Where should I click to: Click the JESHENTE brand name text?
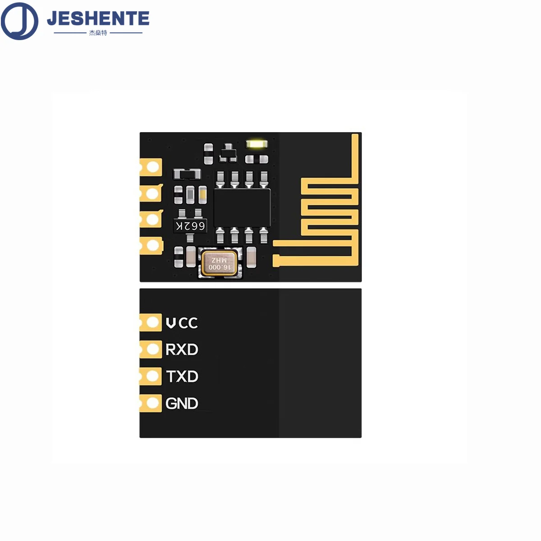pyautogui.click(x=98, y=18)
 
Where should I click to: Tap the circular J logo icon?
pyautogui.click(x=19, y=21)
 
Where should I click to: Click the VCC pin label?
pyautogui.click(x=182, y=323)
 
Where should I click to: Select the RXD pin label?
pyautogui.click(x=182, y=349)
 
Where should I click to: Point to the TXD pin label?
pyautogui.click(x=182, y=376)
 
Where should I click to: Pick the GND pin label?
pyautogui.click(x=182, y=403)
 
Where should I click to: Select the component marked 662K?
pyautogui.click(x=190, y=225)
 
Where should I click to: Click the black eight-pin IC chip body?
pyautogui.click(x=242, y=207)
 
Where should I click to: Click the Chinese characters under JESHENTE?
pyautogui.click(x=98, y=33)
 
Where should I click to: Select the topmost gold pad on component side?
pyautogui.click(x=152, y=168)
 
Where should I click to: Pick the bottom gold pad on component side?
pyautogui.click(x=152, y=246)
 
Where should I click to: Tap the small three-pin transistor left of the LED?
pyautogui.click(x=228, y=153)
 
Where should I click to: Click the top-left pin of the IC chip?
pyautogui.click(x=220, y=179)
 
